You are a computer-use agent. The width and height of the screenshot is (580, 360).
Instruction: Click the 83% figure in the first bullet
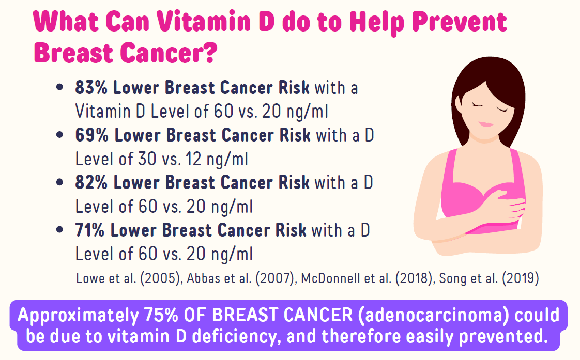click(x=91, y=88)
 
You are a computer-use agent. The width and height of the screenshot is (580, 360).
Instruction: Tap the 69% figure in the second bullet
click(x=92, y=135)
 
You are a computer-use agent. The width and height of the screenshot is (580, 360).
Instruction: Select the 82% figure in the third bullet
click(x=91, y=183)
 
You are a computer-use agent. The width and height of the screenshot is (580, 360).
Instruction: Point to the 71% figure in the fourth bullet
click(x=90, y=230)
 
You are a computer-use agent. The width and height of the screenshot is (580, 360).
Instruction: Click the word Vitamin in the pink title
click(x=204, y=22)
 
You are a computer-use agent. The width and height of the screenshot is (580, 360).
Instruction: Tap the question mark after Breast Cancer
click(x=209, y=53)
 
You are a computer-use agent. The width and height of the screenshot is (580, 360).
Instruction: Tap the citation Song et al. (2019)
click(x=489, y=278)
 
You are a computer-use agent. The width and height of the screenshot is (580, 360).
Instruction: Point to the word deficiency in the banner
click(x=234, y=337)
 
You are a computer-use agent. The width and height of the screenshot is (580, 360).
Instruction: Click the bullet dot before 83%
click(x=59, y=88)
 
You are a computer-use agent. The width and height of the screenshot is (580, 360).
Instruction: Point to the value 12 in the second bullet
click(x=193, y=159)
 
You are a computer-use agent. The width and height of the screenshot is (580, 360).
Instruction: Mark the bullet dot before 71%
click(x=59, y=230)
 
